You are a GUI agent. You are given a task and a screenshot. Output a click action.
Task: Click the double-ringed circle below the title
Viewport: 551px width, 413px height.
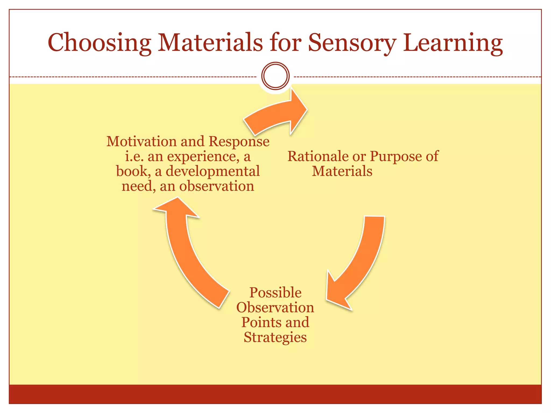point(275,76)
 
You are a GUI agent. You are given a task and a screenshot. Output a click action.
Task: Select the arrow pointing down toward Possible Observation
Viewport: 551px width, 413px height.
point(358,264)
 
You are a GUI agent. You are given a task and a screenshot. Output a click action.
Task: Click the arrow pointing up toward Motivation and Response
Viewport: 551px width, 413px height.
point(186,250)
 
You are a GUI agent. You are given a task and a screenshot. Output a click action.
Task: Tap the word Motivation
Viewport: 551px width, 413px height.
point(142,141)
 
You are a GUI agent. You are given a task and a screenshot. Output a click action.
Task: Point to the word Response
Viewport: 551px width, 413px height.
point(239,142)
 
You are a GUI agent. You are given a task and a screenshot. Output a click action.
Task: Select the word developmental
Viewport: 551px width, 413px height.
point(213,171)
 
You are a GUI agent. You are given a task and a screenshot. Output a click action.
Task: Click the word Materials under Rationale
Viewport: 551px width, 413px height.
point(342,171)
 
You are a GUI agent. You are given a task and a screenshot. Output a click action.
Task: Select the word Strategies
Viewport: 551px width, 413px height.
point(275,337)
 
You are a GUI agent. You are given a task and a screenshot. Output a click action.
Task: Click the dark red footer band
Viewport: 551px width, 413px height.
point(275,394)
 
